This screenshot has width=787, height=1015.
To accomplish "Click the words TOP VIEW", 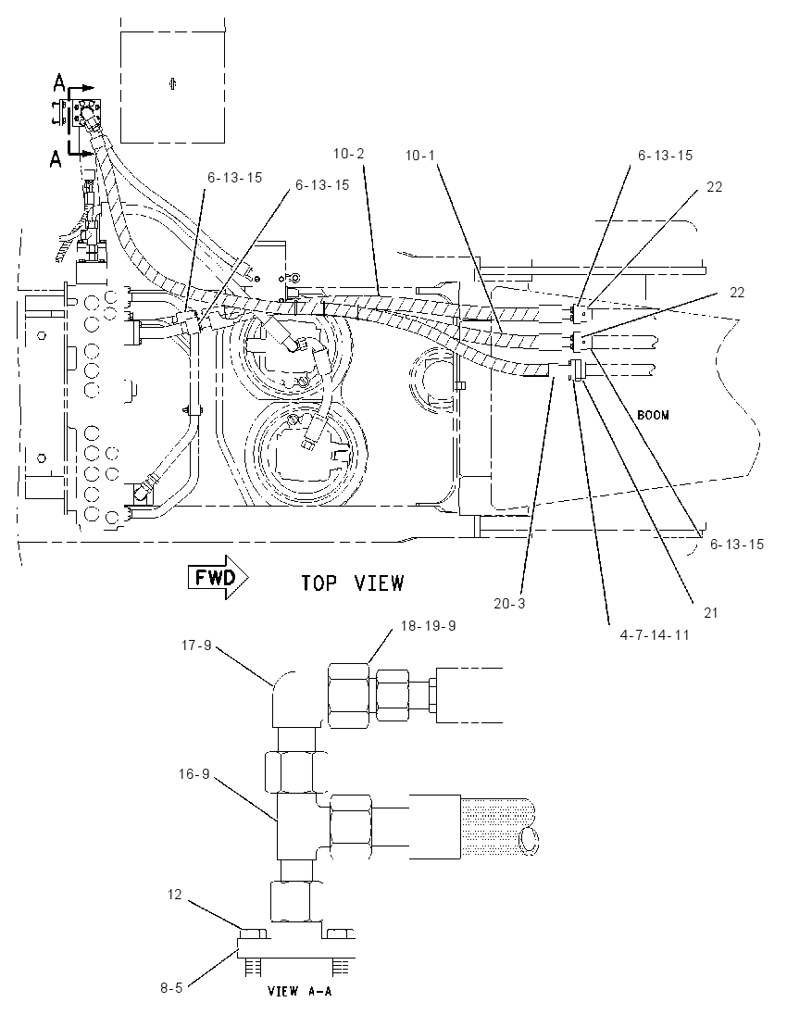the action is [352, 583].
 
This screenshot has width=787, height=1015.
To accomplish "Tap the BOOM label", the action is [653, 415].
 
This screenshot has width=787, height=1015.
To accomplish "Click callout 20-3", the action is [510, 604].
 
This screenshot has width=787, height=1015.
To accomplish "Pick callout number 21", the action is [711, 612].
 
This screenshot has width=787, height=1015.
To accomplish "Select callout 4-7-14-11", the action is [655, 635].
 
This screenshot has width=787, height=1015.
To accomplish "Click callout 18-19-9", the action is [429, 626].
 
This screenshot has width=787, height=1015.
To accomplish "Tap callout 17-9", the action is [195, 645].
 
